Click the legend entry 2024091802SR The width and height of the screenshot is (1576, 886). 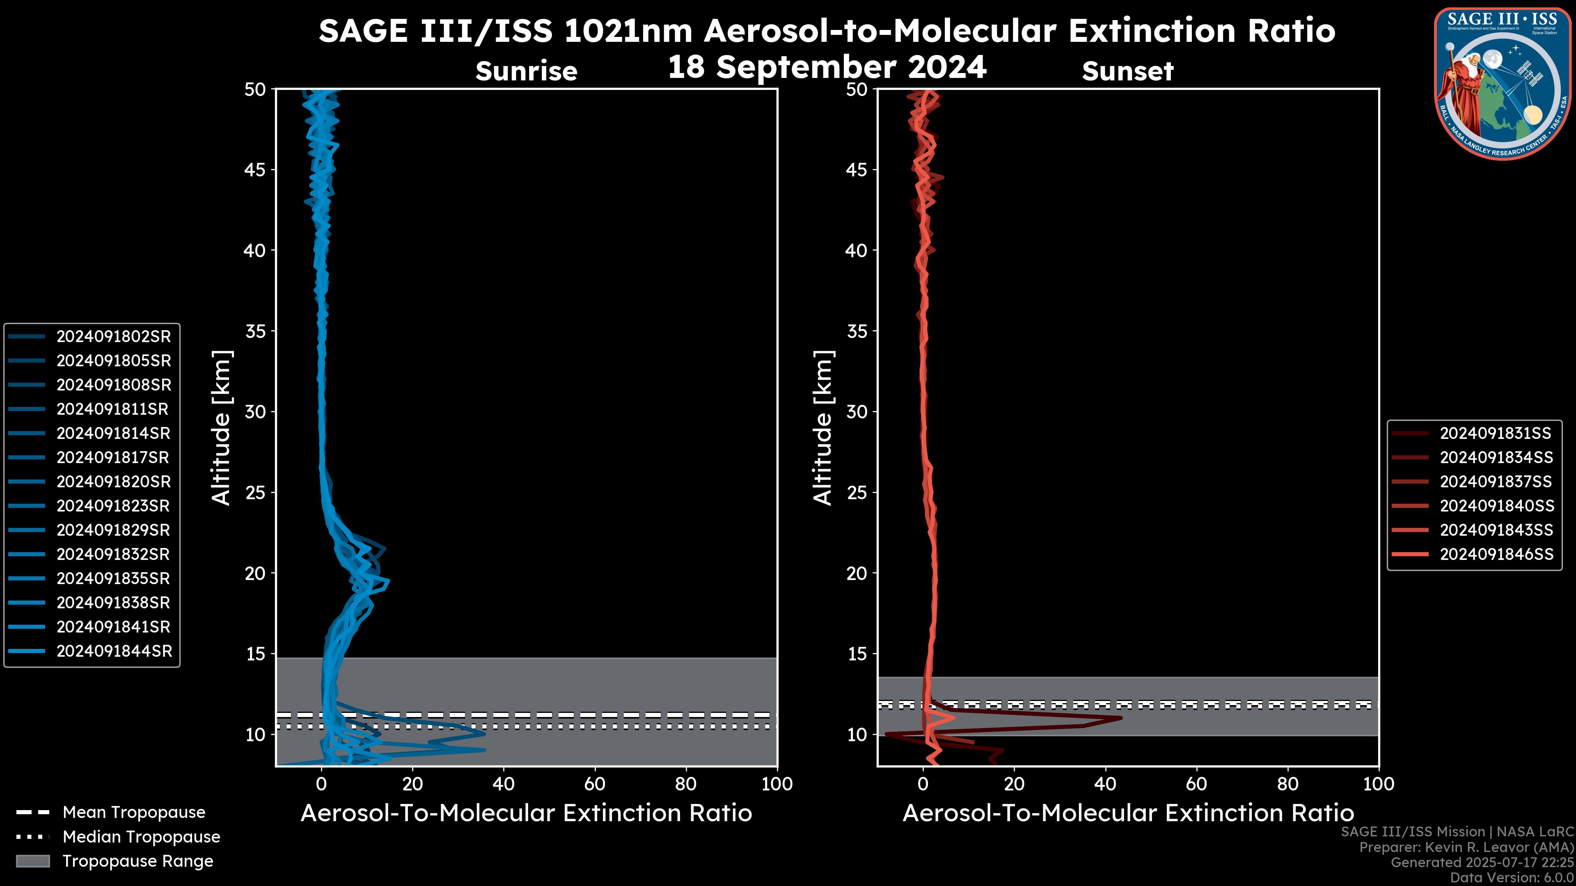click(113, 336)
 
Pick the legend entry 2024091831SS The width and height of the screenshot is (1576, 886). click(1495, 434)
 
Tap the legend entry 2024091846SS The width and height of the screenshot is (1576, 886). click(1496, 554)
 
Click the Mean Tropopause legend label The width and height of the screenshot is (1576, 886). click(134, 812)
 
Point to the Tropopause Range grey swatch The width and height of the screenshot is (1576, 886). click(32, 861)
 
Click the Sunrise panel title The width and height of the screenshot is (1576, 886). click(526, 71)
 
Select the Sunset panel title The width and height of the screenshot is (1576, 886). click(1127, 71)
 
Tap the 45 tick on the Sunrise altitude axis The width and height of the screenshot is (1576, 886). click(256, 169)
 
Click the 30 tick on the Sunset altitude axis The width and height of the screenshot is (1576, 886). click(857, 411)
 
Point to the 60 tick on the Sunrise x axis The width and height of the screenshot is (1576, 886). click(595, 784)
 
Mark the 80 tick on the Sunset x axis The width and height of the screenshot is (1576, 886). click(1288, 784)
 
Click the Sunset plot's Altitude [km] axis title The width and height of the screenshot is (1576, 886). click(823, 427)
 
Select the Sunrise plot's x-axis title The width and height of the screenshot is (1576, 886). click(526, 813)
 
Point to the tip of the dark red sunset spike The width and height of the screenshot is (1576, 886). click(1121, 718)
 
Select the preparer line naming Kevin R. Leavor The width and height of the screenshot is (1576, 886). click(1466, 847)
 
